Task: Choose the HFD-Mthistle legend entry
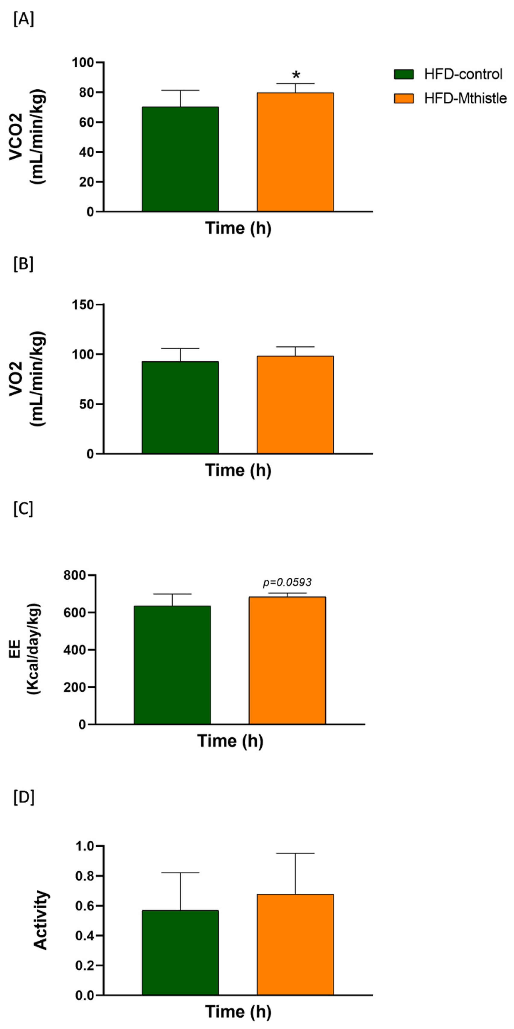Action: pos(450,98)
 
